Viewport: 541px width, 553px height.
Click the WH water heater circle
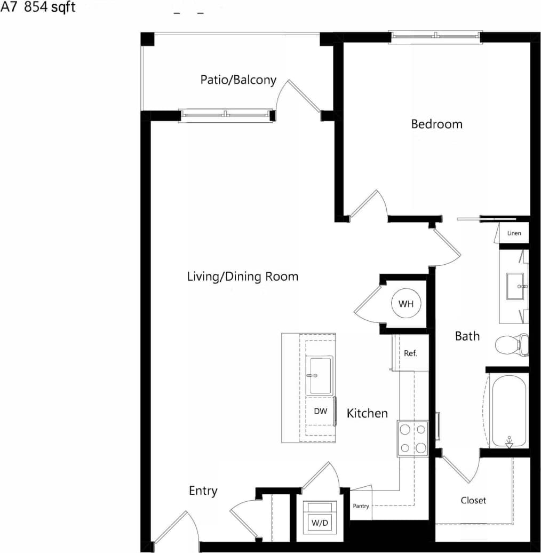[407, 304]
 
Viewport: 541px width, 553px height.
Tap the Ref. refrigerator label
[410, 353]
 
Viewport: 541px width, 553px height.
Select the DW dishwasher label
[320, 411]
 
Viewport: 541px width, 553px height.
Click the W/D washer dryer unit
[320, 517]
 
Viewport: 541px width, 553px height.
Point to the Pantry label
[361, 506]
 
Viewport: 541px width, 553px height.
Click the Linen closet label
[514, 233]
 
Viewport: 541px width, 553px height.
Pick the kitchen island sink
[320, 376]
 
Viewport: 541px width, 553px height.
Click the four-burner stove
[412, 438]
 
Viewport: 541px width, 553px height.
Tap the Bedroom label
[436, 124]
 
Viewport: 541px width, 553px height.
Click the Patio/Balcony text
[238, 80]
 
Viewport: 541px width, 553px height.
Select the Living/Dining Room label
[242, 276]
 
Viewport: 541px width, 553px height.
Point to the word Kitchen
[367, 413]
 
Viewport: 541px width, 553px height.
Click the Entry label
[203, 491]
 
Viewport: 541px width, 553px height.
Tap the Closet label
[473, 500]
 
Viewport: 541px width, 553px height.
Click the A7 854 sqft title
[38, 9]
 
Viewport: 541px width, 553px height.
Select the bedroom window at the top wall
[436, 36]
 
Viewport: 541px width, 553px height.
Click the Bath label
[467, 336]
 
